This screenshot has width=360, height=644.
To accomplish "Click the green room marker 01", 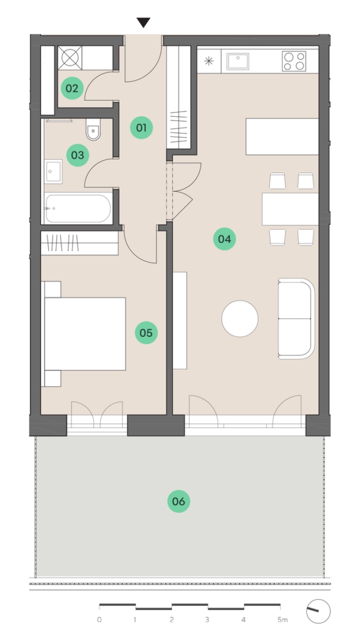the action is point(141,128).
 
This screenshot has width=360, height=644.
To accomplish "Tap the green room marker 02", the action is point(72,88).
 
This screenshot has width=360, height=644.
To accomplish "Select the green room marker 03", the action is point(78,155).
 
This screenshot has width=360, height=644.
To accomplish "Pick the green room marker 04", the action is point(224,239).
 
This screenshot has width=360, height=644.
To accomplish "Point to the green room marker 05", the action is point(146,333).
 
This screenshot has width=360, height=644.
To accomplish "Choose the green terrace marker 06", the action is point(178,502).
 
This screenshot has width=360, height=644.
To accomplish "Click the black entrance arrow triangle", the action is point(143,23).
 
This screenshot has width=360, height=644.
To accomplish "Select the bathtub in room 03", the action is point(78,209).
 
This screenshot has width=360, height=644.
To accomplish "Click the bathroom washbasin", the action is point(53,172).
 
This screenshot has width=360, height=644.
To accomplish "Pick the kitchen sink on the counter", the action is point(238,61).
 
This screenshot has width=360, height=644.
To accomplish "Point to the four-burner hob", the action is point(294,61).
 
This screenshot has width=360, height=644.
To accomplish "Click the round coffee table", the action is point(240,318).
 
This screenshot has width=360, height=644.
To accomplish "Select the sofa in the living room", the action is point(296,318).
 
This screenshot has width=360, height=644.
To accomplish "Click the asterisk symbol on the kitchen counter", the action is point(209,61).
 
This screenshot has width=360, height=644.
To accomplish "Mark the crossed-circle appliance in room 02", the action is point(70,58).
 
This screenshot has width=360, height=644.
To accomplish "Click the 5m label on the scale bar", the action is point(282,619).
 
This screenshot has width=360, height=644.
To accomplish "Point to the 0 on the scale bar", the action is point(99,619).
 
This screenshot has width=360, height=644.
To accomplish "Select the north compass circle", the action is point(318,612).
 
